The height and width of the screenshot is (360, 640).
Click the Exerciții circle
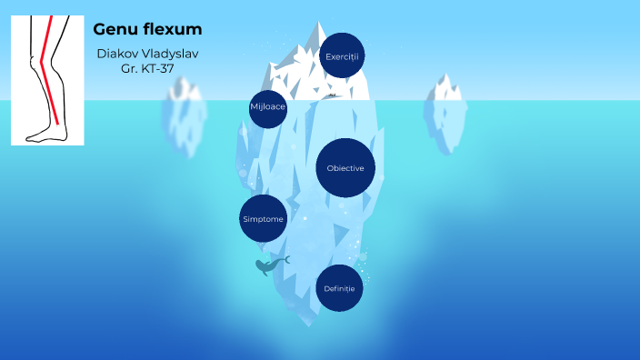(x=343, y=56)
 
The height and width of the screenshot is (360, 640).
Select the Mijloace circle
(x=268, y=107)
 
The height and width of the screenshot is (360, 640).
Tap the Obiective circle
(x=345, y=168)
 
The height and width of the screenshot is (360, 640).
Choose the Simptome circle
(x=263, y=219)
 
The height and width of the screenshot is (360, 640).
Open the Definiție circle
(x=339, y=288)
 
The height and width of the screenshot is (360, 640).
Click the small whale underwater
(x=270, y=265)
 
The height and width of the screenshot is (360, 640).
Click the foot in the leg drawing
(x=45, y=135)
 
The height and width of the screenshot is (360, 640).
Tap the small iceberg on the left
(x=185, y=114)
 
